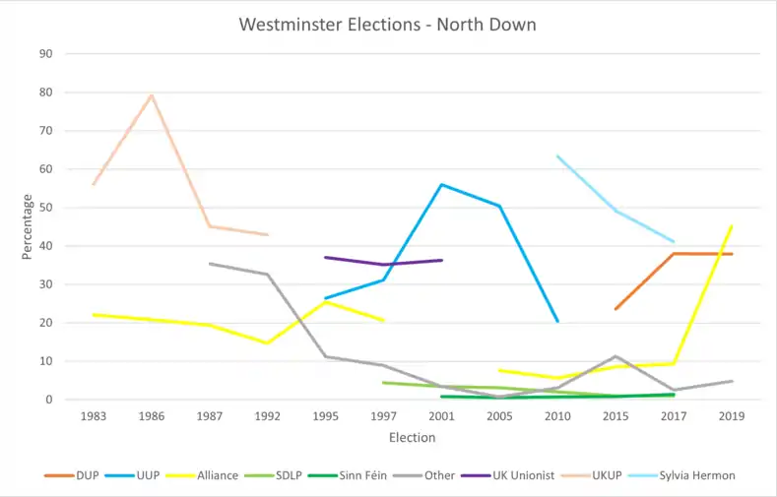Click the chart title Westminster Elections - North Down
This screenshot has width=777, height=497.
(x=388, y=24)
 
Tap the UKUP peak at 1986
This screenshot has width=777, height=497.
(x=152, y=94)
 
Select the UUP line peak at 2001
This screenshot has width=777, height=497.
(x=442, y=184)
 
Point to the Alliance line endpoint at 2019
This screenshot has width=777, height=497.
(x=732, y=226)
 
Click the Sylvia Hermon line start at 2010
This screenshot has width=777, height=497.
(x=557, y=155)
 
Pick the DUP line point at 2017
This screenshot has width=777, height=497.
(x=674, y=253)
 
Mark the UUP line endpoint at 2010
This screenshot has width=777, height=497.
(x=557, y=321)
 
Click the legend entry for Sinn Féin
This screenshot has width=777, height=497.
(x=378, y=475)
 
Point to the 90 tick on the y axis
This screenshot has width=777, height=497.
(x=45, y=54)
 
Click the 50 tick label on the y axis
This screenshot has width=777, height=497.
(x=45, y=208)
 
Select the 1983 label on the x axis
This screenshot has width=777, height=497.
(x=94, y=416)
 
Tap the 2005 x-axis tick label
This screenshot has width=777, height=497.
(x=499, y=416)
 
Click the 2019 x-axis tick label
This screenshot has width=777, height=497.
(x=732, y=416)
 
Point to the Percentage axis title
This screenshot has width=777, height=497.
(x=28, y=227)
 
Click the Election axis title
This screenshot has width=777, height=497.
(x=412, y=437)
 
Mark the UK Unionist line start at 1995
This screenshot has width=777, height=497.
(x=326, y=258)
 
